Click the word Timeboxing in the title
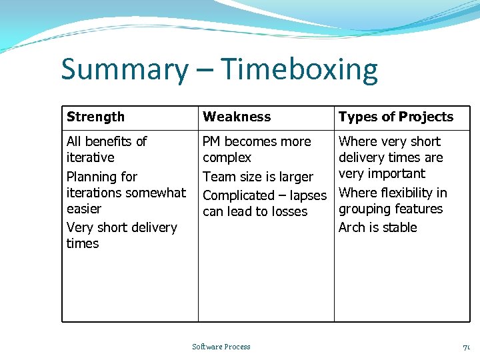pyautogui.click(x=299, y=70)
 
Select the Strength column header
pyautogui.click(x=95, y=117)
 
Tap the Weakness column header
pyautogui.click(x=237, y=117)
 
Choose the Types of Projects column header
pyautogui.click(x=396, y=117)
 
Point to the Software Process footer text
pyautogui.click(x=221, y=347)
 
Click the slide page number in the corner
pyautogui.click(x=467, y=347)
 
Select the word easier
pyautogui.click(x=84, y=209)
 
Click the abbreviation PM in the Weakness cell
pyautogui.click(x=211, y=141)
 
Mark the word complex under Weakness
pyautogui.click(x=227, y=158)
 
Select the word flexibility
pyautogui.click(x=406, y=193)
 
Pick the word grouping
pyautogui.click(x=364, y=209)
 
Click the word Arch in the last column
pyautogui.click(x=351, y=227)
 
